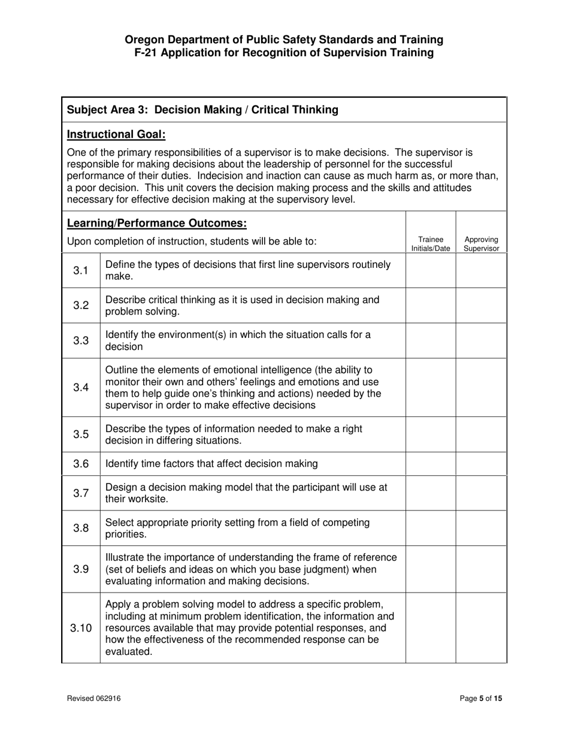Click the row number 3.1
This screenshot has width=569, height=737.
pyautogui.click(x=81, y=270)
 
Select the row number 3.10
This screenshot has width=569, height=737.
pyautogui.click(x=81, y=628)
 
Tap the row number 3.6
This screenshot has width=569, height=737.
pyautogui.click(x=81, y=463)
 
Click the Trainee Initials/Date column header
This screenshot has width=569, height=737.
pyautogui.click(x=430, y=244)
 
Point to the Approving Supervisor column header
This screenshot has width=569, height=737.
pyautogui.click(x=481, y=244)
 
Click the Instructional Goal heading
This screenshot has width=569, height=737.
pyautogui.click(x=116, y=134)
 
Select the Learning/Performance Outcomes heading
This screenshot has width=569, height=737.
pyautogui.click(x=157, y=223)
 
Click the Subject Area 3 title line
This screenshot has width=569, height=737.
pyautogui.click(x=202, y=110)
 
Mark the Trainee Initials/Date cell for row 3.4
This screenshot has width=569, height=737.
pyautogui.click(x=430, y=387)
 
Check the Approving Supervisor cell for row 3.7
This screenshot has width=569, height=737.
pyautogui.click(x=481, y=493)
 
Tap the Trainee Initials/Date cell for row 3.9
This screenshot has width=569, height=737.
pyautogui.click(x=430, y=569)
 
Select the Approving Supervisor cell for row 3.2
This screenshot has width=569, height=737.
pyautogui.click(x=481, y=305)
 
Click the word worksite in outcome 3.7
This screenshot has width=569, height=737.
pyautogui.click(x=147, y=499)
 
